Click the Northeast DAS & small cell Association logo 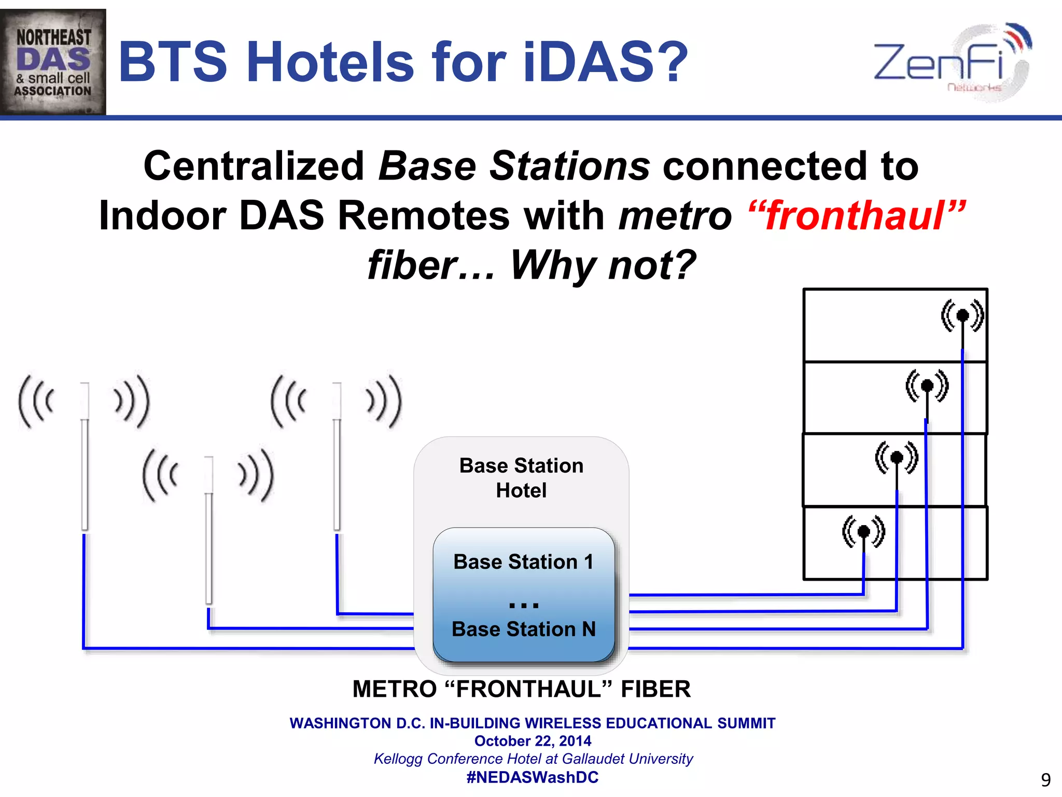tap(53, 62)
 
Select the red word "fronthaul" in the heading tap(856, 215)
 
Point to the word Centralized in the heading tap(254, 166)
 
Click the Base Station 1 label tap(523, 562)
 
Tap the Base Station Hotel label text tap(521, 478)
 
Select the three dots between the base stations tap(524, 605)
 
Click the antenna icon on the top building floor tap(962, 315)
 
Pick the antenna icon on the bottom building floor tap(864, 531)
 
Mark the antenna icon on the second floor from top tap(927, 386)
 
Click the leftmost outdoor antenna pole tap(85, 457)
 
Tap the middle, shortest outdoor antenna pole tap(209, 529)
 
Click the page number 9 tap(1046, 780)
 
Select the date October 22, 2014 tap(533, 741)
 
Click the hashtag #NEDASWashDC tap(533, 777)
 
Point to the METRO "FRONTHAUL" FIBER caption tap(521, 690)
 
